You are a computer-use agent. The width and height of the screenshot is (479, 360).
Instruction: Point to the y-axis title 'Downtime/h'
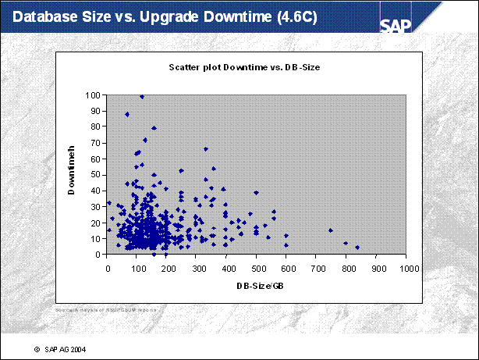(x=71, y=174)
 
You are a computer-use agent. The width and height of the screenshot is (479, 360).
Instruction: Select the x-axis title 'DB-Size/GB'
(x=257, y=286)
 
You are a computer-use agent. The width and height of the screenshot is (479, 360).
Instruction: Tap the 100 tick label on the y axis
(x=93, y=95)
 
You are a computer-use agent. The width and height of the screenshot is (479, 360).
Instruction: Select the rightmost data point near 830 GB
(x=357, y=248)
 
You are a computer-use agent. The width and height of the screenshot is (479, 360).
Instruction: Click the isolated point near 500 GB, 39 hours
(x=256, y=192)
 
